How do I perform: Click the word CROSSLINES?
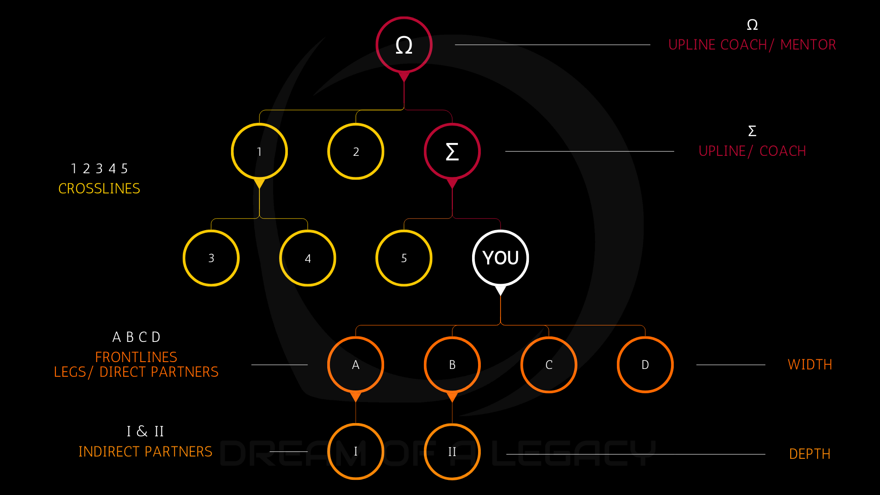(x=99, y=188)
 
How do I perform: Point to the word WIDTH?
(x=810, y=364)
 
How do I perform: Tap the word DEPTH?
(x=810, y=454)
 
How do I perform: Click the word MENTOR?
(x=808, y=44)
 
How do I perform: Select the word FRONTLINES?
(x=136, y=357)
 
